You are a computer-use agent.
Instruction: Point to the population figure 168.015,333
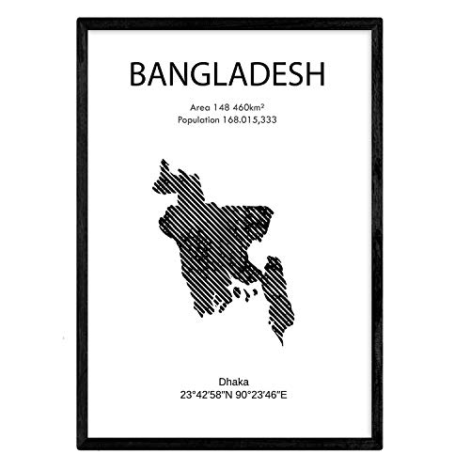click(261, 121)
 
